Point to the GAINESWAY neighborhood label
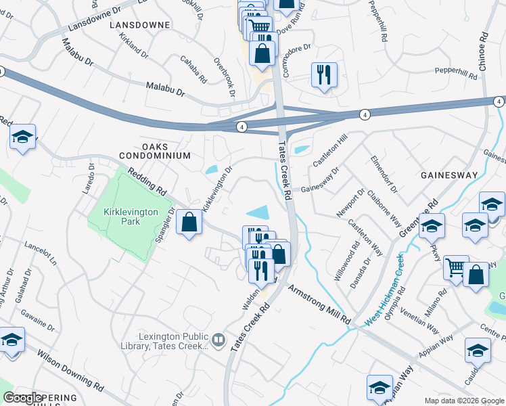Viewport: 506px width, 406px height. pyautogui.click(x=448, y=175)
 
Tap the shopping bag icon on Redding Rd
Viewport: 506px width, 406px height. pyautogui.click(x=189, y=223)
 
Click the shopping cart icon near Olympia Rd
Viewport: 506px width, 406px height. pyautogui.click(x=457, y=267)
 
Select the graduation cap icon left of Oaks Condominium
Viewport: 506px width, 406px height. pyautogui.click(x=22, y=137)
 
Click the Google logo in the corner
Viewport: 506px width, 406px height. pyautogui.click(x=22, y=398)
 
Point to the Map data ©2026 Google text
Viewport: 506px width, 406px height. pyautogui.click(x=464, y=401)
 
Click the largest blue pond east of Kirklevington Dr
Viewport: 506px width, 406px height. pyautogui.click(x=258, y=212)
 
